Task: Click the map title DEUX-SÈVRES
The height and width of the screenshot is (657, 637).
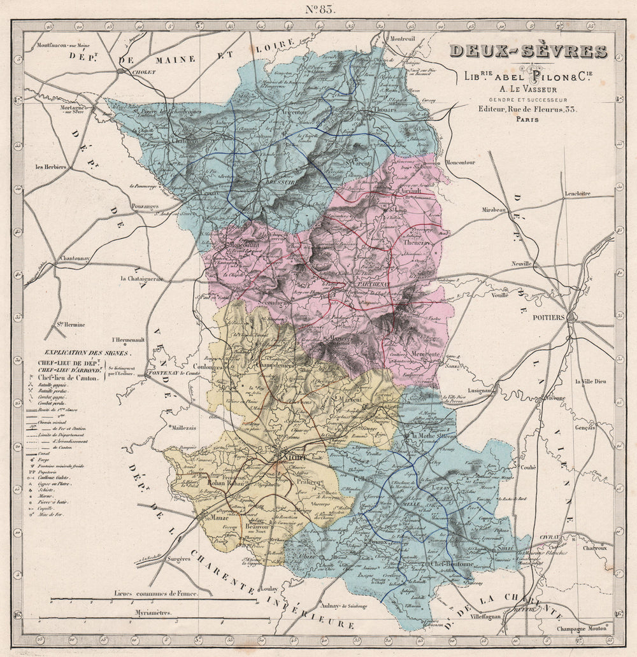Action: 528,52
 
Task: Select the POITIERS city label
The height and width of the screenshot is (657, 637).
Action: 547,317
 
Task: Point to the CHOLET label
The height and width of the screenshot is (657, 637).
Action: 143,73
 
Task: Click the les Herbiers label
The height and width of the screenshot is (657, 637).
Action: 52,167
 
